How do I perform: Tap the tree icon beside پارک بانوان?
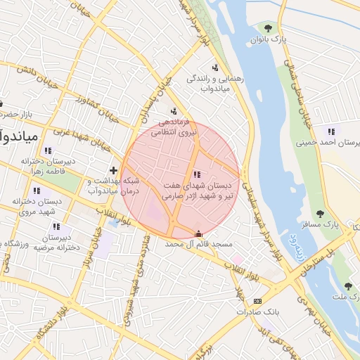pos(268,27)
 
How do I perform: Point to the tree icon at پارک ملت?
pos(348,285)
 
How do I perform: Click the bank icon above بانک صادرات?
pos(257,300)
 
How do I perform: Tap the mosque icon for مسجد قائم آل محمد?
pos(198,234)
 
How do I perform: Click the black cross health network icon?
pos(113,170)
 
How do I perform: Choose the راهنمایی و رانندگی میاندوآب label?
pos(214,84)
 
